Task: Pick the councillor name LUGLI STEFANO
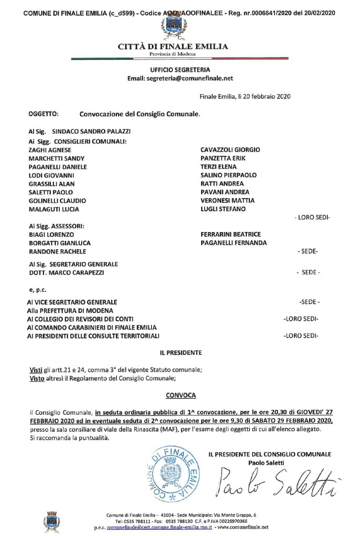pyautogui.click(x=219, y=209)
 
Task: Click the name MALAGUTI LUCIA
pyautogui.click(x=53, y=209)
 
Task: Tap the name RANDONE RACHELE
pyautogui.click(x=53, y=251)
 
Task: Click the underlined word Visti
pyautogui.click(x=35, y=369)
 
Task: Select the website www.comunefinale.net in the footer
pyautogui.click(x=246, y=527)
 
